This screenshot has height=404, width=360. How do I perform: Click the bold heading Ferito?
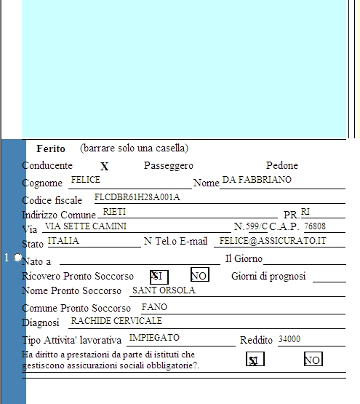point(51,148)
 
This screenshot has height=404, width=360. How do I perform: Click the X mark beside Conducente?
point(104,167)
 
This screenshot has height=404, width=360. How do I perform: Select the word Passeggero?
point(169,166)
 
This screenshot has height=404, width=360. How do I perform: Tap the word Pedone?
point(282,165)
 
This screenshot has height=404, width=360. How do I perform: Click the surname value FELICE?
point(86,179)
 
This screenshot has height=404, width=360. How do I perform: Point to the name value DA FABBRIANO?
point(257,179)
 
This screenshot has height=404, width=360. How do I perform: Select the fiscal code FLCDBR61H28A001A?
point(137,197)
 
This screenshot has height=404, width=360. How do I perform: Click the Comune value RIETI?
point(114,212)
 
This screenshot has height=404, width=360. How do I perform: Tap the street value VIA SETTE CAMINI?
point(86,226)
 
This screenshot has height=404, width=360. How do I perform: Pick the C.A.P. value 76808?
point(315,226)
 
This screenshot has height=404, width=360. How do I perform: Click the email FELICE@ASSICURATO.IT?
point(273,241)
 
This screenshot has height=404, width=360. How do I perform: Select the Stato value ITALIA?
point(63,241)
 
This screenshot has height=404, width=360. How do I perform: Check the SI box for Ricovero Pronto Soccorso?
point(159,277)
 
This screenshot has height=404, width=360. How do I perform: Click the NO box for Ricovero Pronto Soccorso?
point(200,274)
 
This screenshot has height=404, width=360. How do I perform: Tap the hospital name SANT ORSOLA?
point(164,290)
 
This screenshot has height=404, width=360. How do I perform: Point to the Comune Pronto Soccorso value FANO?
point(154,307)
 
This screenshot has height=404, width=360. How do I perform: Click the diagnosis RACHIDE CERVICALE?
point(116,321)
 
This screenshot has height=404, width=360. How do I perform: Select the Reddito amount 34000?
point(289,339)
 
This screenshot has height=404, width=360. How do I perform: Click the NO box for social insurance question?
point(313,359)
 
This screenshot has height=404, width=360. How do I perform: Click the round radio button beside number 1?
point(17,257)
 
